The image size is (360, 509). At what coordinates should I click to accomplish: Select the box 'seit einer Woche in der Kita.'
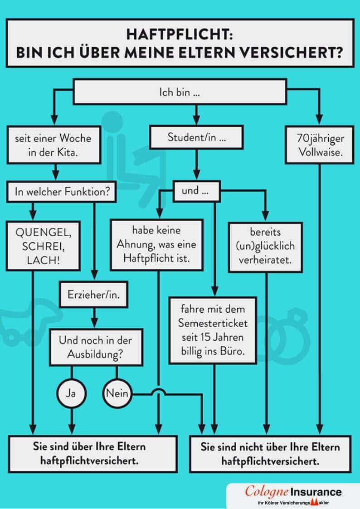54,145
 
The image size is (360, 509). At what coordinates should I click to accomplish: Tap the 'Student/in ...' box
196,137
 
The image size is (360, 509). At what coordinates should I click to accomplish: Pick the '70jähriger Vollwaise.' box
320,145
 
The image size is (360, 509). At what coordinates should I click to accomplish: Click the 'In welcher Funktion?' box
61,191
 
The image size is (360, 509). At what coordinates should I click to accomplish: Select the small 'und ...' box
196,191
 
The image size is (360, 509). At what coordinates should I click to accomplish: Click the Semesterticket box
212,330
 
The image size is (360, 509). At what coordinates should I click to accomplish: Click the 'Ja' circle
71,393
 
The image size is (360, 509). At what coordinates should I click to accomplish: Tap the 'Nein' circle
117,393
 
